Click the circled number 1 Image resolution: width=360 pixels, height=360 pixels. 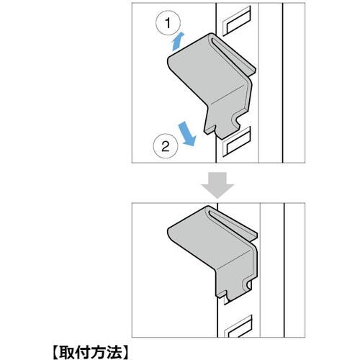(x=168, y=23)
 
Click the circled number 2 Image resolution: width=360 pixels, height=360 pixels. (x=166, y=146)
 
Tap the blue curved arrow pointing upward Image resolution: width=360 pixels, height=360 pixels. (x=177, y=42)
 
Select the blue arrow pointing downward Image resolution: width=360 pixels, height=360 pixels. (x=187, y=134)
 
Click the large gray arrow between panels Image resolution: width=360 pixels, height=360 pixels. (x=217, y=185)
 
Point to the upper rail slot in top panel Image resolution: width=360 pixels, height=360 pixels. (x=237, y=21)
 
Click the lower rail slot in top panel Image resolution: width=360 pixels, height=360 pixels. (x=237, y=142)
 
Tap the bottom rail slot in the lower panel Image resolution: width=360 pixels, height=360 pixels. (x=238, y=326)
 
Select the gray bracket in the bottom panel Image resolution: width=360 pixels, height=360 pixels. (x=214, y=252)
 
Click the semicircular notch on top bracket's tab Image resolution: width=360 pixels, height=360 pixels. (x=235, y=121)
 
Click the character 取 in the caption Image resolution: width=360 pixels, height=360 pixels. (x=68, y=352)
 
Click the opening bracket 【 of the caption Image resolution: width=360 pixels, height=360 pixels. (x=55, y=352)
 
